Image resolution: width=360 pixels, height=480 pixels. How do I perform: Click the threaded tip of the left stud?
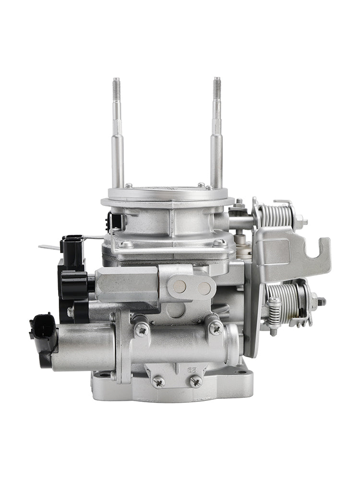pyautogui.click(x=117, y=89)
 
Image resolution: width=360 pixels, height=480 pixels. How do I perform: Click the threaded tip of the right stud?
pyautogui.click(x=216, y=89)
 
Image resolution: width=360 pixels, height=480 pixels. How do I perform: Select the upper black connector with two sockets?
pyautogui.click(x=72, y=250)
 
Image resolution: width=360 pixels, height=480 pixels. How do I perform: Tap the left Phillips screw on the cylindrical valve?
pyautogui.click(x=142, y=329)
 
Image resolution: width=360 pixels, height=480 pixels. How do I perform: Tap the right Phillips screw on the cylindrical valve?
pyautogui.click(x=215, y=328)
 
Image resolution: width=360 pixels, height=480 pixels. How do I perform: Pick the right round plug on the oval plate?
pyautogui.click(x=204, y=288)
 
